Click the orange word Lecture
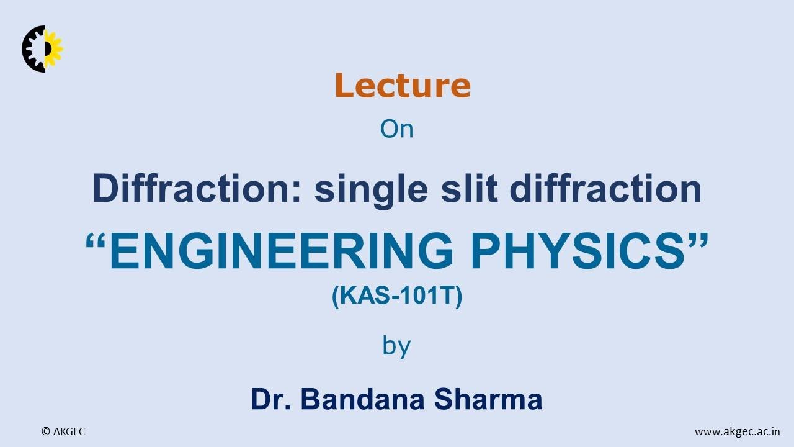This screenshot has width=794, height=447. click(403, 86)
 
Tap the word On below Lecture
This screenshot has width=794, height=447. click(396, 129)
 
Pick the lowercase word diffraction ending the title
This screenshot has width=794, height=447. click(605, 189)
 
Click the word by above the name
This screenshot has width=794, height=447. click(396, 346)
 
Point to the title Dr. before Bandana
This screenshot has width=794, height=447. click(271, 399)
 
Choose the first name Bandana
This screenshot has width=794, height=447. click(364, 399)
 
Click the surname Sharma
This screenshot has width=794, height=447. click(488, 399)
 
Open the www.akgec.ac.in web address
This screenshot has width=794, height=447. click(738, 431)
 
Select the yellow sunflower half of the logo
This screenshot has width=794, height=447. click(55, 47)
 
